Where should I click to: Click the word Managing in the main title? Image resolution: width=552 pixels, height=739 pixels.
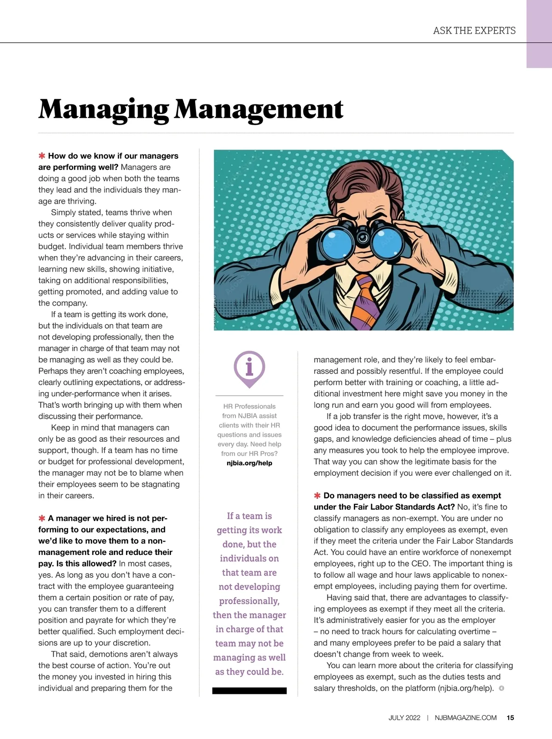[x=103, y=109]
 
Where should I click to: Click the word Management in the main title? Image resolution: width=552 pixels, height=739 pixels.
[x=259, y=109]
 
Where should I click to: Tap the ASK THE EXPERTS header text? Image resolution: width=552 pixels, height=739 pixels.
[x=474, y=31]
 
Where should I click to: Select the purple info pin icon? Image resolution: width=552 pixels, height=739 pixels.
[x=249, y=368]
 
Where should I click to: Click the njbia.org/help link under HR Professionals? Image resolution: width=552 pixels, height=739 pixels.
[x=249, y=463]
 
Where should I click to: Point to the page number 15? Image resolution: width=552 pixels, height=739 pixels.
[x=511, y=717]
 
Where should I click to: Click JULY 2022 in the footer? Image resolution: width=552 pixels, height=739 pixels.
[x=404, y=717]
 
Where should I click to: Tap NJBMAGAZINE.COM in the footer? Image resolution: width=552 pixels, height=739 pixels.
[x=466, y=717]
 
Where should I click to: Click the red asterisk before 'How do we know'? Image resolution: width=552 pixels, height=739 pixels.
[x=42, y=156]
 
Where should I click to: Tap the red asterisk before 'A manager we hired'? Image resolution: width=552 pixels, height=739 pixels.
[x=42, y=519]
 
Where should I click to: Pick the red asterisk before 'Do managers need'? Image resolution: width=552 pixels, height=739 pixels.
[x=317, y=496]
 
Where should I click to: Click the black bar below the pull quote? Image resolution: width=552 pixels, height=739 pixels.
[x=249, y=691]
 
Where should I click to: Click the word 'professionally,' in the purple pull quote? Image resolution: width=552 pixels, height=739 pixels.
[x=249, y=601]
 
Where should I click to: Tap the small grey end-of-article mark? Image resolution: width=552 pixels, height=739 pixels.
[x=501, y=688]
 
